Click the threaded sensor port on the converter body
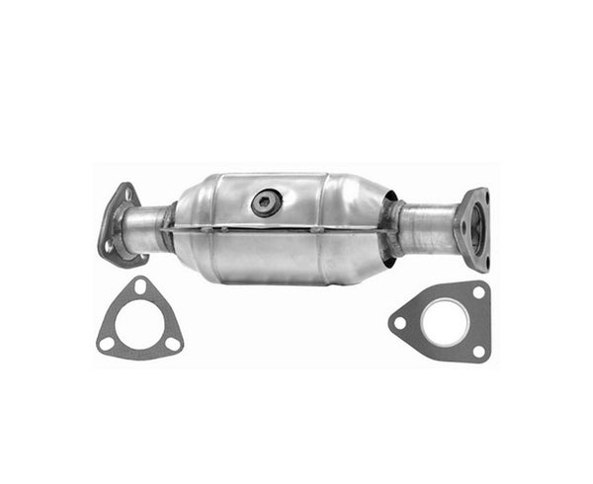pyautogui.click(x=266, y=202)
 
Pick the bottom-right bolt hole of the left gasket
pyautogui.click(x=172, y=344)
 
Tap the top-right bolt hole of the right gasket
pyautogui.click(x=477, y=293)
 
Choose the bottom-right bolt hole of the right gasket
pyautogui.click(x=478, y=351)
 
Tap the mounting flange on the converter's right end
pyautogui.click(x=472, y=228)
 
